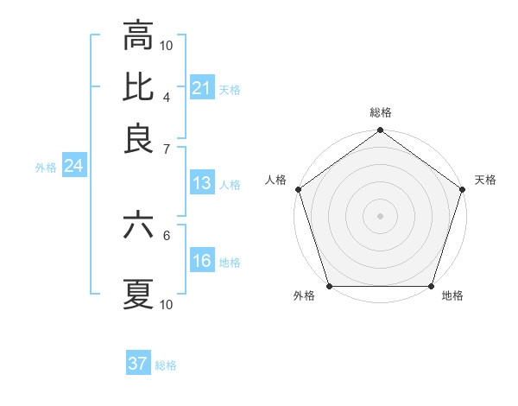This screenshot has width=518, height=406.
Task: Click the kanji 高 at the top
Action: pos(138,37)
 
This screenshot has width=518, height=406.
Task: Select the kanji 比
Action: pos(138,88)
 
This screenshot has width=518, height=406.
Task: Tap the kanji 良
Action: pos(138,139)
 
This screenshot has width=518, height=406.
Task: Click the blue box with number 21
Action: pos(201,88)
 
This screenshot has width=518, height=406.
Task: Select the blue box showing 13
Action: pos(201,183)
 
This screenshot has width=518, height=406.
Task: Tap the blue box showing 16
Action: pos(201,261)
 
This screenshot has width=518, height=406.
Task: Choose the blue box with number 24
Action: pos(73,167)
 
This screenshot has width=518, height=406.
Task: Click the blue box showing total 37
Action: pos(138,364)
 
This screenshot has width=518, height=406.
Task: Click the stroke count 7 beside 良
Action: pos(166,149)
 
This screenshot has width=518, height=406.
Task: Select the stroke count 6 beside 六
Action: pos(166,234)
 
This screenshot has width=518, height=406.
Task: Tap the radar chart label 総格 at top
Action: pos(381,113)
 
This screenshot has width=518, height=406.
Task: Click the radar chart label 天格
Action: pos(485,180)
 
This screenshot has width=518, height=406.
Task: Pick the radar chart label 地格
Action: pos(452,296)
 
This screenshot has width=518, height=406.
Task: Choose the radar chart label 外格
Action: pos(304,296)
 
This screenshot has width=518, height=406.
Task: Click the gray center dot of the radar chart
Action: pos(380,216)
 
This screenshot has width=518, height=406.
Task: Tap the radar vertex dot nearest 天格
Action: pos(462,190)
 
